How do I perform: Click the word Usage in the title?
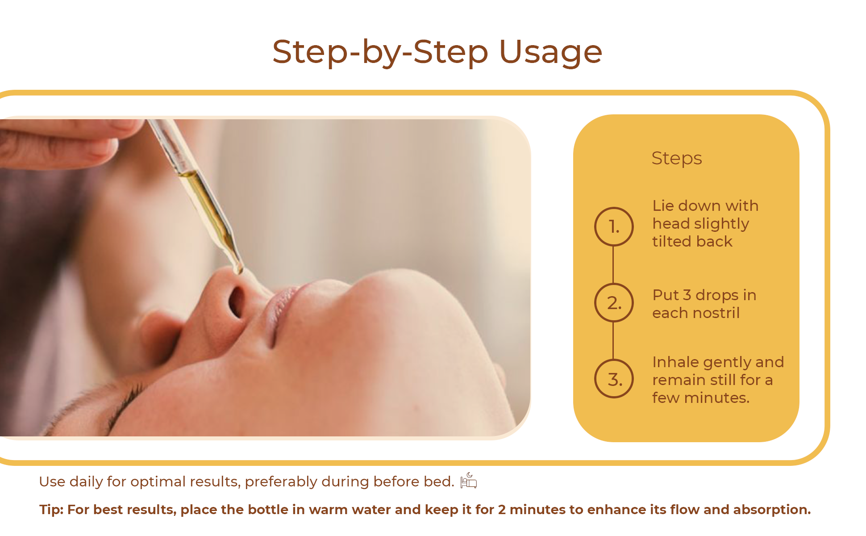(x=550, y=53)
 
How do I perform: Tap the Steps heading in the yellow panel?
(x=677, y=159)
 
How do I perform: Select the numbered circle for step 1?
(x=614, y=226)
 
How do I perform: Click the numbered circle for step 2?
(x=614, y=302)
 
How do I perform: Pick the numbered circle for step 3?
(x=614, y=378)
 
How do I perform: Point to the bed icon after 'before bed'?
(x=469, y=481)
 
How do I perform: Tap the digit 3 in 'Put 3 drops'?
(x=687, y=295)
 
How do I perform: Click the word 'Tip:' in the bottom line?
(x=51, y=510)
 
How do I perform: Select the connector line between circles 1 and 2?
(x=613, y=264)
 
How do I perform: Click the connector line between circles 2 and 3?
(x=613, y=340)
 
